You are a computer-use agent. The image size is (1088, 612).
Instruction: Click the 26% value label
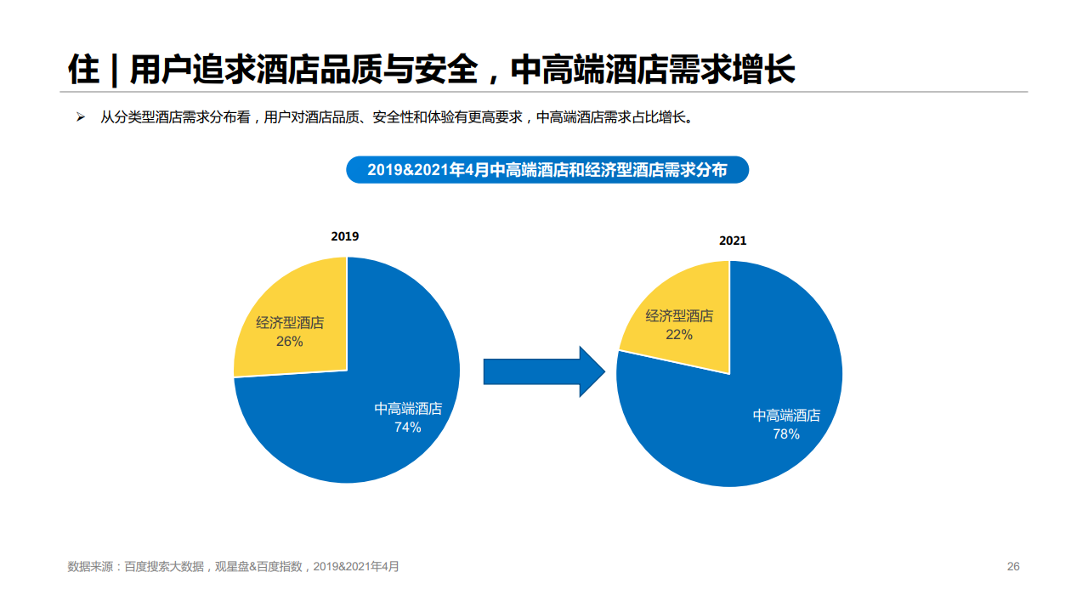(289, 342)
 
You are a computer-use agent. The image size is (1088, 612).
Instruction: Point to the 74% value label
(407, 428)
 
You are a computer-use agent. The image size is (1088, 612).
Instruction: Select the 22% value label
(678, 335)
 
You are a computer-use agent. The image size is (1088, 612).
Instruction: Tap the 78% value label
(785, 434)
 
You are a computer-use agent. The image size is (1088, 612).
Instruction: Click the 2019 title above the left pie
(345, 236)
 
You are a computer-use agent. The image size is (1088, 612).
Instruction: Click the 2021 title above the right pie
(733, 241)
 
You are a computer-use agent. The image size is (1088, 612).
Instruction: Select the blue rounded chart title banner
(547, 170)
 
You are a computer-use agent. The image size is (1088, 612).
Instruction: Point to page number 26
(1012, 567)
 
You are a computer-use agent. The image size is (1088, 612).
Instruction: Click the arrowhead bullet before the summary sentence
(81, 117)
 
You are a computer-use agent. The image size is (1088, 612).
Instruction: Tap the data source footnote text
(233, 567)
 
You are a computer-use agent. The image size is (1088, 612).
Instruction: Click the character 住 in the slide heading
(83, 70)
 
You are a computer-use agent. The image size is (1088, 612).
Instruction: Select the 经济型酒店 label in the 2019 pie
(290, 323)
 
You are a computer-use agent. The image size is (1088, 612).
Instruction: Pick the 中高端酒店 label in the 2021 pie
(786, 416)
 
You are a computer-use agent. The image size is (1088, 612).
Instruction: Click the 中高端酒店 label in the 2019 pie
(408, 409)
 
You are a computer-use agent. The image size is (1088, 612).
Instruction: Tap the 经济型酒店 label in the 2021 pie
(679, 316)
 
